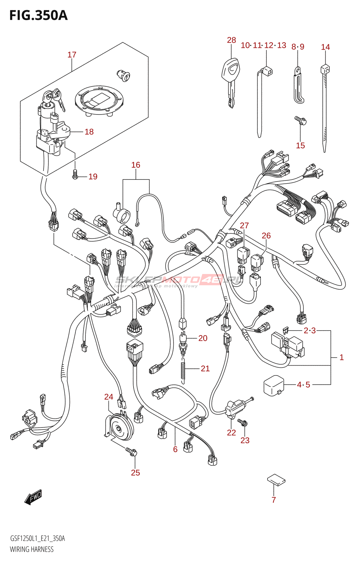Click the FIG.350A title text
tap(38, 15)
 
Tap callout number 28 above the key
tap(231, 40)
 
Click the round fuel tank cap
tap(99, 99)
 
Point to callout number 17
tap(72, 55)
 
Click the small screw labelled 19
tap(75, 174)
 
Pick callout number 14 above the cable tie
tap(326, 47)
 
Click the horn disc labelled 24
tap(120, 426)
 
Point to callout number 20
tap(203, 338)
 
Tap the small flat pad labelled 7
tap(276, 480)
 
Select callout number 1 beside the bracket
tap(341, 357)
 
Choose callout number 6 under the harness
tap(175, 449)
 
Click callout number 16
tap(136, 165)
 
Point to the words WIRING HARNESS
tap(32, 549)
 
